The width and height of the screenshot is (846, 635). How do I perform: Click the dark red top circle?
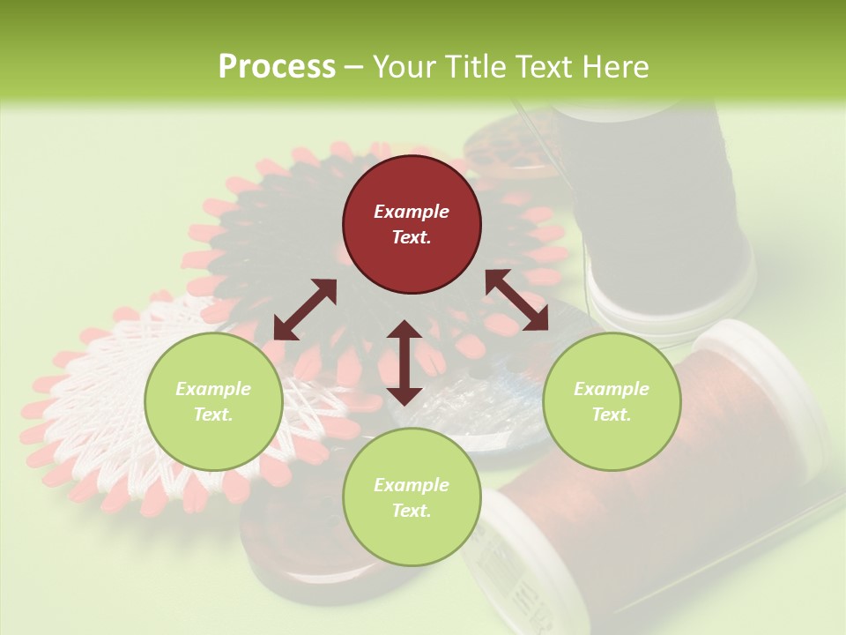412,225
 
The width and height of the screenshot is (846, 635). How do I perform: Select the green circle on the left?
213,402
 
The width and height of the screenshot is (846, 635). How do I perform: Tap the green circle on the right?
612,402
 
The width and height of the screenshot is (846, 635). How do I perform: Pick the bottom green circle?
412,497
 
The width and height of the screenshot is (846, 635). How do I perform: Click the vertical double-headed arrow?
404,362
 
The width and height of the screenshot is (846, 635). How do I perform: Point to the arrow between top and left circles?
305,310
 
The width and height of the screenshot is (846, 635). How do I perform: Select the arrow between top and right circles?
516,300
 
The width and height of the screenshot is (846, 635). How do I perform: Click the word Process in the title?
277,66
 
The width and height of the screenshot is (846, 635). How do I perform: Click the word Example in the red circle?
412,212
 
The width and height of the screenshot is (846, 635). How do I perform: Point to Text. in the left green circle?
213,415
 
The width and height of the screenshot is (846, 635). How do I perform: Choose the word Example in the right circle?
612,389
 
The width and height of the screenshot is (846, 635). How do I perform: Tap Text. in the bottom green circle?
412,511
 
